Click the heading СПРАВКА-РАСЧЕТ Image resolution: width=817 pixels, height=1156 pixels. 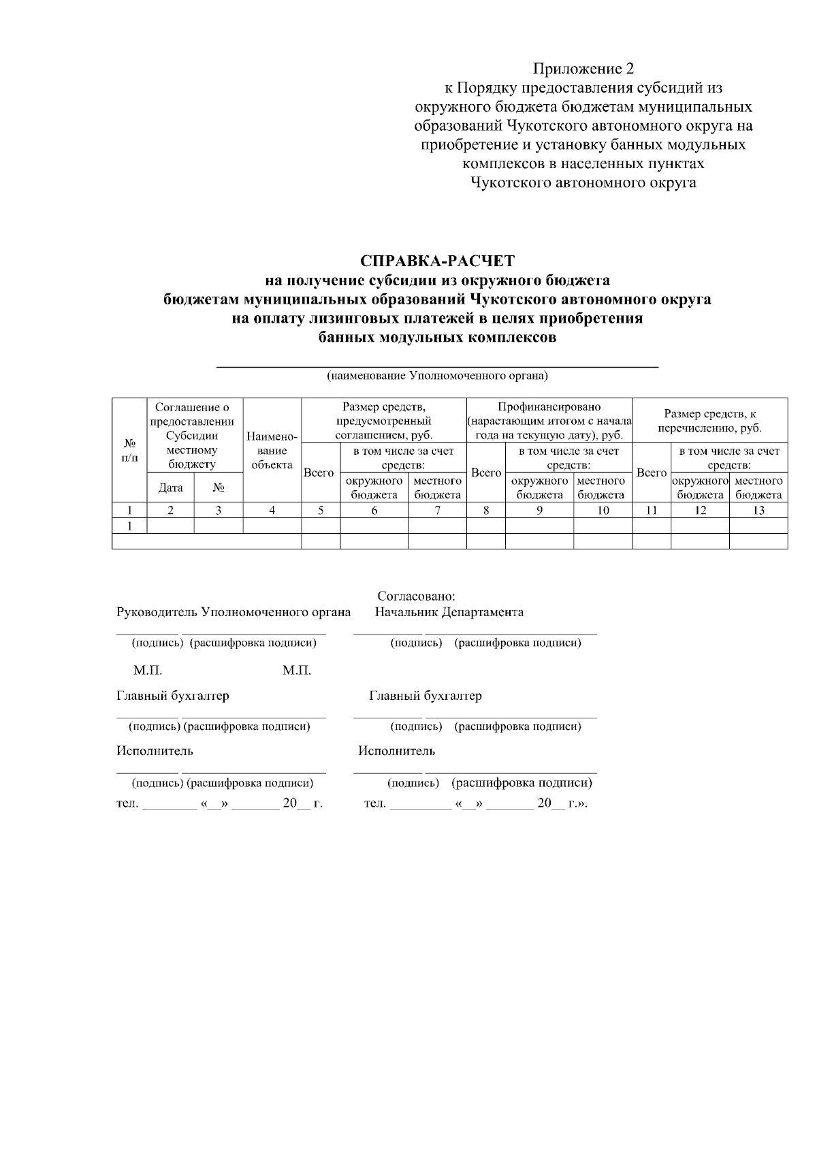tap(437, 261)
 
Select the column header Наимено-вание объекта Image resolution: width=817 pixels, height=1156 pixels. tap(272, 450)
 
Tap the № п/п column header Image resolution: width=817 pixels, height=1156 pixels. tap(129, 450)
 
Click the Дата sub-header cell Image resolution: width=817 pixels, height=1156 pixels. tap(170, 487)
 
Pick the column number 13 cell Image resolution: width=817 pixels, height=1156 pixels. tap(758, 511)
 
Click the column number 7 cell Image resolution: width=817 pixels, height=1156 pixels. tap(437, 511)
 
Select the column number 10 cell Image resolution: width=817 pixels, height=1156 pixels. tap(603, 511)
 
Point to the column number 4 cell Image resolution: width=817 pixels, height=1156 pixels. tap(272, 511)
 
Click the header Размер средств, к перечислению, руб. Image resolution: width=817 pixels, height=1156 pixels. tap(709, 421)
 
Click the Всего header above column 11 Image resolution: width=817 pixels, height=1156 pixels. tap(651, 472)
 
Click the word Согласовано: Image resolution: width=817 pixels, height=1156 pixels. tap(416, 596)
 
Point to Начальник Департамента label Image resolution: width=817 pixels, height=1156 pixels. tap(449, 611)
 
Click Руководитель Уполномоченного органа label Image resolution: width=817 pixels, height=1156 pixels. tap(234, 611)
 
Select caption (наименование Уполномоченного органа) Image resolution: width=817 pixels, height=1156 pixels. tap(437, 375)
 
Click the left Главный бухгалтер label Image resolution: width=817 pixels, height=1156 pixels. tap(172, 696)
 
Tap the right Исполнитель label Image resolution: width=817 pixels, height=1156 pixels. tap(396, 751)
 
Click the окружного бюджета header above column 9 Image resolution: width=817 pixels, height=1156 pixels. tap(539, 487)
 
